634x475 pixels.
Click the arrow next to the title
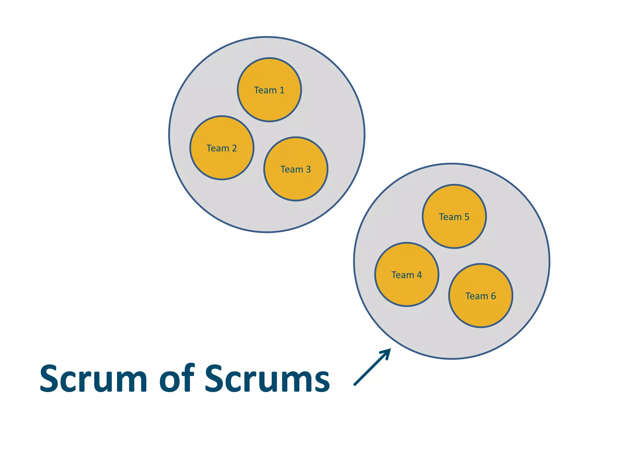(371, 367)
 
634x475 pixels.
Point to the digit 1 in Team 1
(282, 90)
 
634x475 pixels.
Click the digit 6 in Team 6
(493, 296)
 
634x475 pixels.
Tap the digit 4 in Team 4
(419, 275)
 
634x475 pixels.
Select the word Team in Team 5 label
(450, 217)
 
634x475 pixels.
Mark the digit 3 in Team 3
(308, 169)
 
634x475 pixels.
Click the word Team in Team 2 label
(218, 148)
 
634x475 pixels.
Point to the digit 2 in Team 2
(234, 148)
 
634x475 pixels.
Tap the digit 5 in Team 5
(467, 217)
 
